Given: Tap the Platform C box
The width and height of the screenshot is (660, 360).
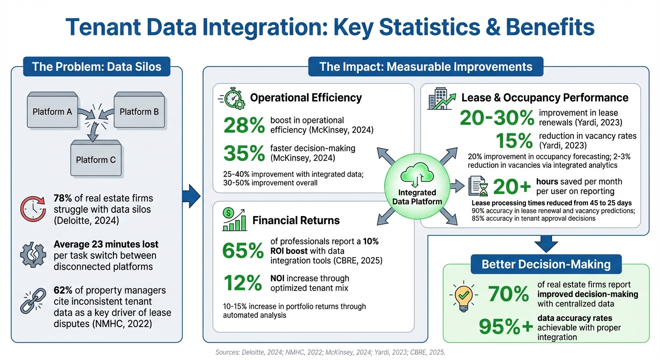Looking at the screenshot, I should click(96, 159).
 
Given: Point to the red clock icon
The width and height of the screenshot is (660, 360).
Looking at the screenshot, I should click(33, 209).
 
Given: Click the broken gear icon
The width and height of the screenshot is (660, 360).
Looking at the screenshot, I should click(33, 255).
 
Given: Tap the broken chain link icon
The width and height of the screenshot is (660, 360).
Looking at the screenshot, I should click(33, 301).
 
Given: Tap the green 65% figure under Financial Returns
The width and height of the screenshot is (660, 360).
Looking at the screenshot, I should click(243, 251).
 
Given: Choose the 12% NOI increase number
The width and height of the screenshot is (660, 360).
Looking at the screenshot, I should click(243, 283).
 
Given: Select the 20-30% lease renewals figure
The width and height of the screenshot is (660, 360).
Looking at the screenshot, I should click(496, 118).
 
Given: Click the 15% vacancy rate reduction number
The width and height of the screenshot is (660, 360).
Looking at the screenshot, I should click(515, 140).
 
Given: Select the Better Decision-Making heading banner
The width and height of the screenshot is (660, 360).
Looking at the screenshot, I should click(546, 264).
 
